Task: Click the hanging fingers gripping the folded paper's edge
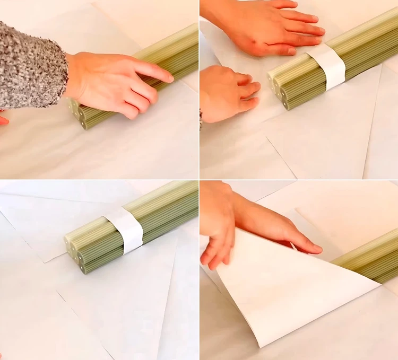tap(218, 249)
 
